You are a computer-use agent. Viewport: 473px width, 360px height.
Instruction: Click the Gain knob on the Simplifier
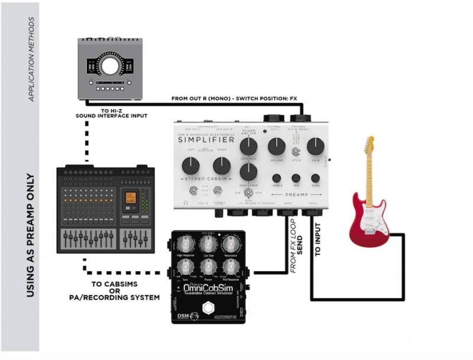315,146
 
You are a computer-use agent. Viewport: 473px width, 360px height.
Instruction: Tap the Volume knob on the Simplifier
276,146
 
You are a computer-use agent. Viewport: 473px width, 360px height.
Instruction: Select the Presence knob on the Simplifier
249,146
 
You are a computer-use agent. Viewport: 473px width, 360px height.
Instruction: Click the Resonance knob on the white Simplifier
249,171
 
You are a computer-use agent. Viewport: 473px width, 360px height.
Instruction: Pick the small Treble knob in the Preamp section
276,178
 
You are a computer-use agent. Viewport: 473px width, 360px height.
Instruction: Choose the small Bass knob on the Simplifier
315,178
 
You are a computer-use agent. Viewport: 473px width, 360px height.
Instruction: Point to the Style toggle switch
296,153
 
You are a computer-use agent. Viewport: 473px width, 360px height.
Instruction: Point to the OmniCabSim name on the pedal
208,288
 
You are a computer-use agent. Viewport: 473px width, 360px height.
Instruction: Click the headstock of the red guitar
370,145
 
